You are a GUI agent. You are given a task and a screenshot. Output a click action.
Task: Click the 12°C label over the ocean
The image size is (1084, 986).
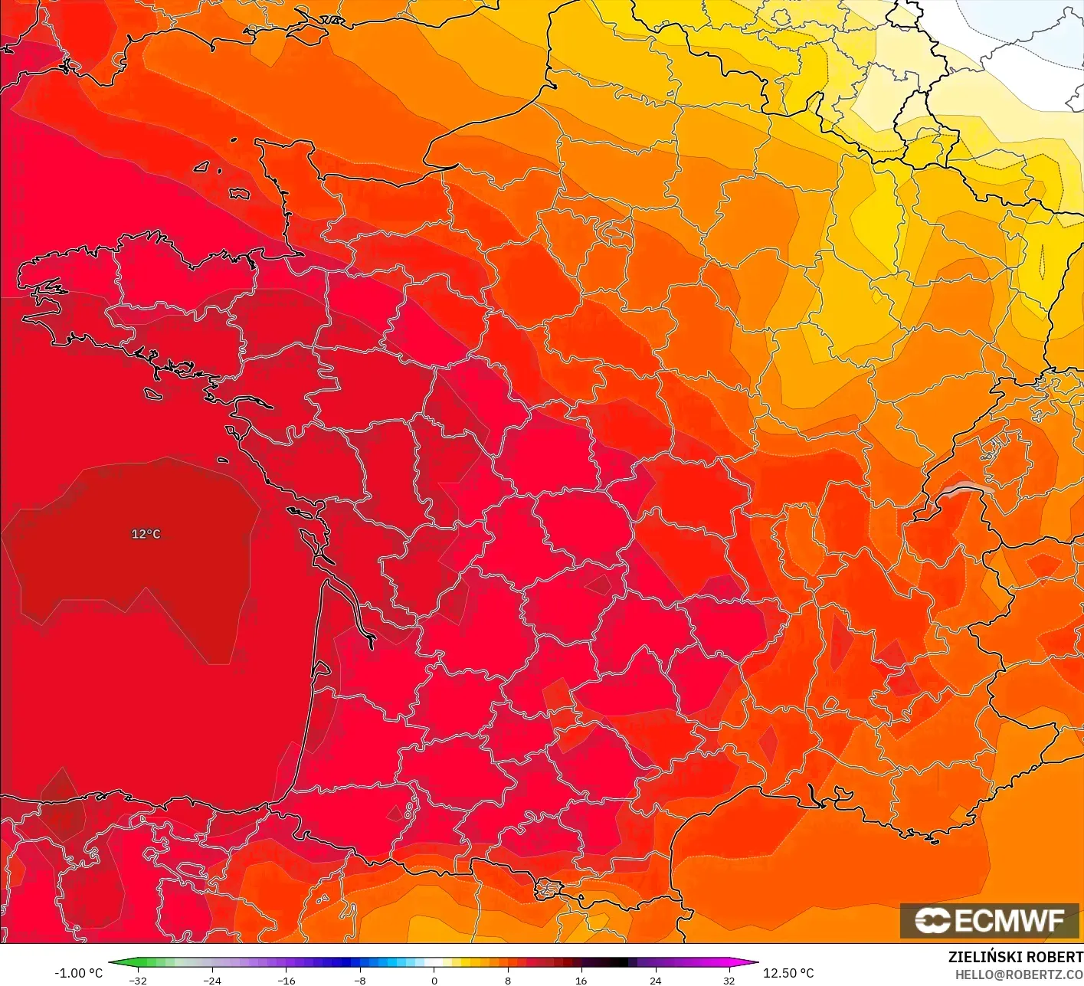pos(146,534)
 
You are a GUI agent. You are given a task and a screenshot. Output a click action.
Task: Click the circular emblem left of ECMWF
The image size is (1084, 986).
pos(932,920)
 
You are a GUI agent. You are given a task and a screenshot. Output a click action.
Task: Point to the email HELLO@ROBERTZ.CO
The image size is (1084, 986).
pos(1019,975)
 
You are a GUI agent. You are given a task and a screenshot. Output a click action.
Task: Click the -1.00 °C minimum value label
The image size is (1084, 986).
pos(78,973)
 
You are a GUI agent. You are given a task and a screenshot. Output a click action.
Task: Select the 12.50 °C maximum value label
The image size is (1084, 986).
pos(788,973)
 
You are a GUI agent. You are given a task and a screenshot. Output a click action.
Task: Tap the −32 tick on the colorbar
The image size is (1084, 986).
pos(138,981)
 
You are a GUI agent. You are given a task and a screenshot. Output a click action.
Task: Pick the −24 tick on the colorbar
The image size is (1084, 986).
pos(211,981)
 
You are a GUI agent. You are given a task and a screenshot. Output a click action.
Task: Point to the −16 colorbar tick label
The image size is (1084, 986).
pos(286,981)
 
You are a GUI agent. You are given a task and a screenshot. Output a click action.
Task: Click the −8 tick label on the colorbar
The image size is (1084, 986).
pos(359,981)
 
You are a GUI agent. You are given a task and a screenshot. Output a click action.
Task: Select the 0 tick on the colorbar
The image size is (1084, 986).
pos(434,981)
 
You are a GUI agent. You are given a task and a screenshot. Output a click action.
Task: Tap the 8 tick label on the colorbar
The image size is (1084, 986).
pos(508,981)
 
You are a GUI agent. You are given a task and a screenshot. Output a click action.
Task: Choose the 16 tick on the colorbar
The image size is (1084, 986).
pos(581,981)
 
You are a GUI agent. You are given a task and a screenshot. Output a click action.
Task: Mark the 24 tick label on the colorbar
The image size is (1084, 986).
pos(656,981)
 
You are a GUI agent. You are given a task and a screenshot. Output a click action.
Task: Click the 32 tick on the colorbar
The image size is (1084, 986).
pos(729,981)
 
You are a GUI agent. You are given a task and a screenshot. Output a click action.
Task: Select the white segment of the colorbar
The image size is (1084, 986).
pos(434,963)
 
